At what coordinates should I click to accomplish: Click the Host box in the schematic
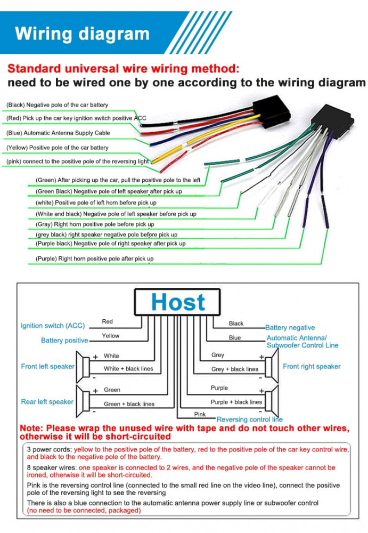point(177,302)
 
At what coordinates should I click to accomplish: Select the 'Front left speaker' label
point(48,367)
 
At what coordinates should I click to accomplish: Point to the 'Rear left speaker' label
point(47,402)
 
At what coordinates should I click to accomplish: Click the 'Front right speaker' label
point(312,367)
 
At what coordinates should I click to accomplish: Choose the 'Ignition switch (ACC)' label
point(53,326)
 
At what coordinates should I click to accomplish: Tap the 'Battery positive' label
point(64,341)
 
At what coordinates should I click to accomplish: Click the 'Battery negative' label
point(290,328)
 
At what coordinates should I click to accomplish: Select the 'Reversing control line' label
point(250,419)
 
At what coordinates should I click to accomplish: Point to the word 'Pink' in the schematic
point(200,414)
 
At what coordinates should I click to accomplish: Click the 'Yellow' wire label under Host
point(111,336)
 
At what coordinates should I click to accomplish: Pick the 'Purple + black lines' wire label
point(236,402)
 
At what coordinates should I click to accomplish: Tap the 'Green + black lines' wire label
point(129,404)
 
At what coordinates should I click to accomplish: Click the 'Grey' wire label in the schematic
point(218,355)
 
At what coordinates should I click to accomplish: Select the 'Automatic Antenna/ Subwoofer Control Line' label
point(302,342)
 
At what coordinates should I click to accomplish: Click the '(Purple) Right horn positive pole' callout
point(94,259)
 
